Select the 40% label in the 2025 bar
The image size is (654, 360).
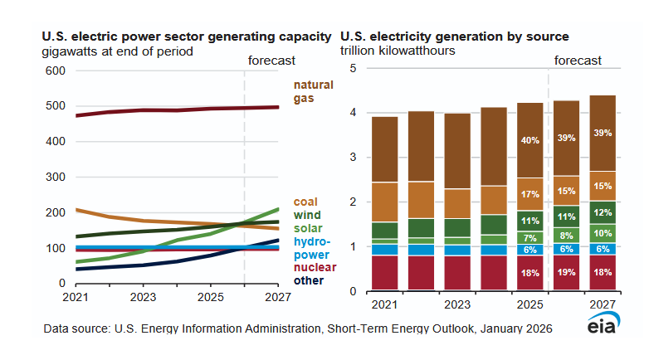coord(530,140)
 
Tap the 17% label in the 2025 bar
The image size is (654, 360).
coord(530,195)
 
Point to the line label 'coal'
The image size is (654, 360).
coord(305,202)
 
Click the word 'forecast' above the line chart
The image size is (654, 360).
coord(271,60)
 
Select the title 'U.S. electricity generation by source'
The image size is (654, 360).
coord(456,36)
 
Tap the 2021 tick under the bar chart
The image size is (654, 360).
coord(385,304)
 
